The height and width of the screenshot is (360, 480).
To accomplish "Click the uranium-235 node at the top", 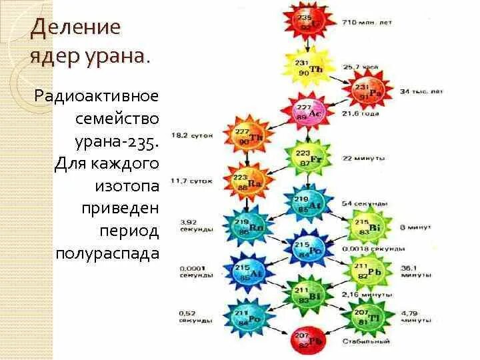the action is click(x=305, y=22).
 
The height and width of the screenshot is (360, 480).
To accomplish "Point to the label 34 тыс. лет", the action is click(x=421, y=91).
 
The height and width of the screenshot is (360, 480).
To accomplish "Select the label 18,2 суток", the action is click(x=192, y=135).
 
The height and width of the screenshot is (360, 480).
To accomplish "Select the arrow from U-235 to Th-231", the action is click(x=305, y=45).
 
